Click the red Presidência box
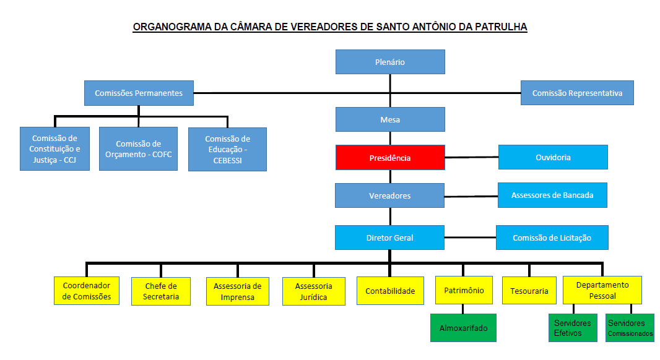[x=390, y=157]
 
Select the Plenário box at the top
[x=390, y=62]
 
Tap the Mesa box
[x=390, y=119]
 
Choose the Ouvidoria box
[x=553, y=157]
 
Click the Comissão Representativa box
[x=577, y=93]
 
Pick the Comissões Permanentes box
[x=139, y=93]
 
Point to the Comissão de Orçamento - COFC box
[x=138, y=149]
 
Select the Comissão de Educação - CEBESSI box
[x=227, y=149]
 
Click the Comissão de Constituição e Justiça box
[x=55, y=149]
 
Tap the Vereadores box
[x=390, y=195]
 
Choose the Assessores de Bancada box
[x=552, y=195]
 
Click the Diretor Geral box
[x=390, y=238]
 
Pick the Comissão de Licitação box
[x=552, y=238]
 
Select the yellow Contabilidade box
[x=390, y=291]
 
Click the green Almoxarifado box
[x=464, y=328]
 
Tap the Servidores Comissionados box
[x=630, y=328]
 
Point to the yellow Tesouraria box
[x=529, y=291]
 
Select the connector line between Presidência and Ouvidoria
[x=471, y=157]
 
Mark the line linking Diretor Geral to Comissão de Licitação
[x=470, y=238]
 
